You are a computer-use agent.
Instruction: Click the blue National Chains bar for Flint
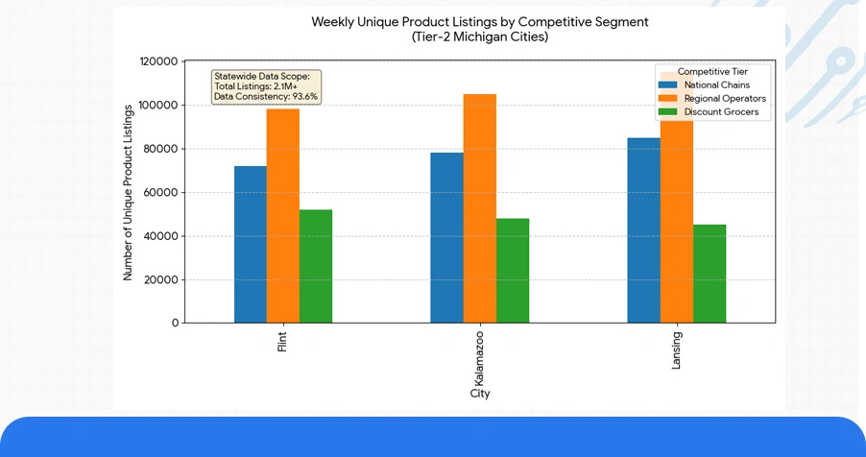tap(250, 245)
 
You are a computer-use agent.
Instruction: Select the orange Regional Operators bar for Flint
tap(282, 216)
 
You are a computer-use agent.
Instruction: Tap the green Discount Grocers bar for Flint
tap(316, 266)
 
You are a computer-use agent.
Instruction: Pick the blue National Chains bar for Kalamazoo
tap(446, 238)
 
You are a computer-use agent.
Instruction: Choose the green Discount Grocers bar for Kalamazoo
tap(513, 271)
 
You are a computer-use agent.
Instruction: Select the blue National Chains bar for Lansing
tap(643, 230)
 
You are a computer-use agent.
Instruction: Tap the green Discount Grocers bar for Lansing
tap(710, 274)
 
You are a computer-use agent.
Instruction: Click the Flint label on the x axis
tap(282, 343)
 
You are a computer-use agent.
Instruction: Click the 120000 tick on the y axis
tap(158, 61)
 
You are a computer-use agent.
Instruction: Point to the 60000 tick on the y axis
tap(161, 192)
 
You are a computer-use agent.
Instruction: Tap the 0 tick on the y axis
tap(175, 324)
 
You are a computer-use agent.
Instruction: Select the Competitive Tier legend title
tap(711, 71)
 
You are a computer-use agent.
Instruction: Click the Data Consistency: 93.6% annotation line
tap(266, 96)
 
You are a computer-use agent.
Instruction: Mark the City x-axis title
tap(480, 394)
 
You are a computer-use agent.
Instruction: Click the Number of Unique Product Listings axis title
tap(128, 193)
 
